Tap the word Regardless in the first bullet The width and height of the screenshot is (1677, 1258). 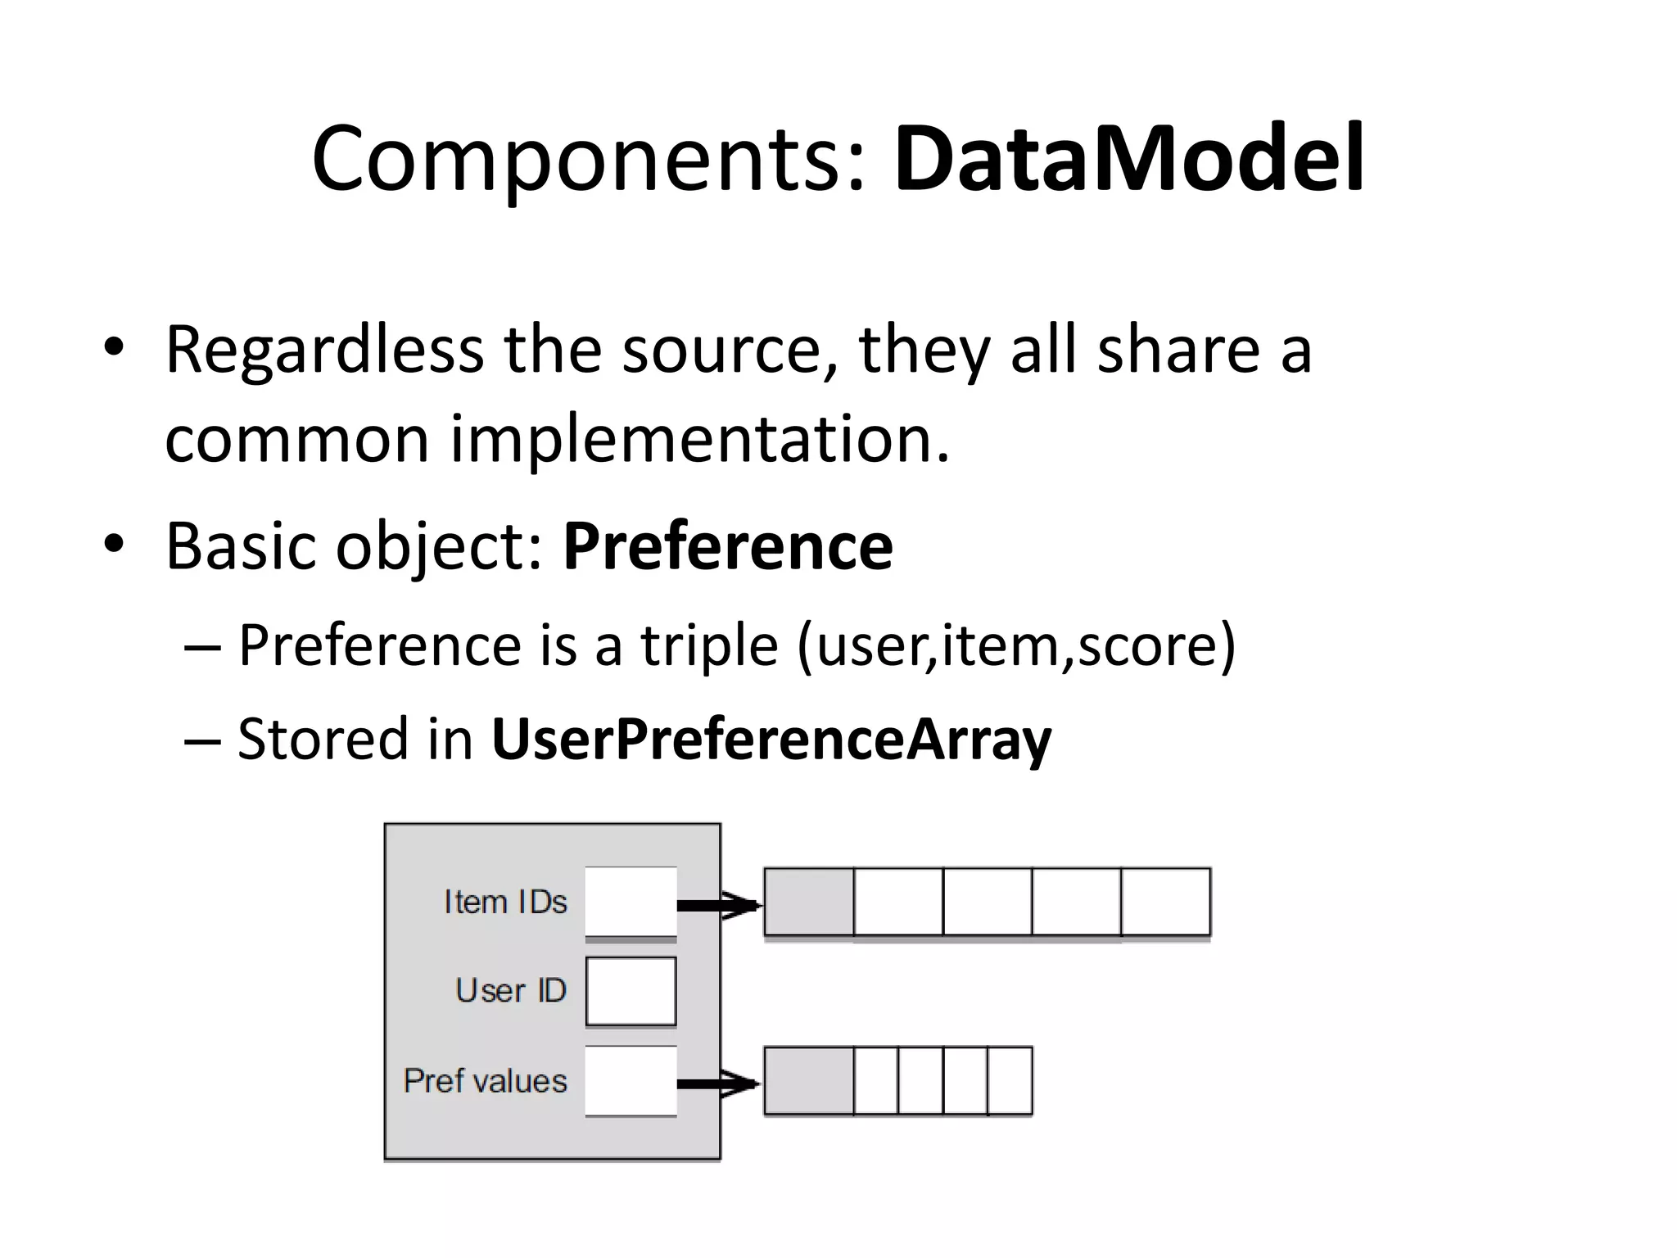tap(324, 351)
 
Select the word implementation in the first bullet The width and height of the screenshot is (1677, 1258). tap(700, 439)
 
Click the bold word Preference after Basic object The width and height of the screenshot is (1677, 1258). tap(727, 546)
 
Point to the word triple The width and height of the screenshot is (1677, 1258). tap(708, 645)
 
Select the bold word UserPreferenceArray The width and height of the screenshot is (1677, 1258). tap(771, 739)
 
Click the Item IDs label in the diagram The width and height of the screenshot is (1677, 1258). tap(505, 902)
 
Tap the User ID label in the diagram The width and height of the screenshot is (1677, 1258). tap(511, 991)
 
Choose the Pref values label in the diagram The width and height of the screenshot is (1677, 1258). tap(485, 1081)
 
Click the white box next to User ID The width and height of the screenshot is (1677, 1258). tap(631, 991)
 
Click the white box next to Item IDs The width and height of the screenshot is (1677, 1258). tap(631, 901)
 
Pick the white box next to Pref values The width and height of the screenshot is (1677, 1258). tap(631, 1081)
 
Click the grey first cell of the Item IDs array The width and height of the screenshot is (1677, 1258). tap(809, 901)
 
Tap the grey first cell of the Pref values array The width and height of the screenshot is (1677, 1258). tap(809, 1081)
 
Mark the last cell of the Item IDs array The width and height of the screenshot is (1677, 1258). tap(1165, 901)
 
